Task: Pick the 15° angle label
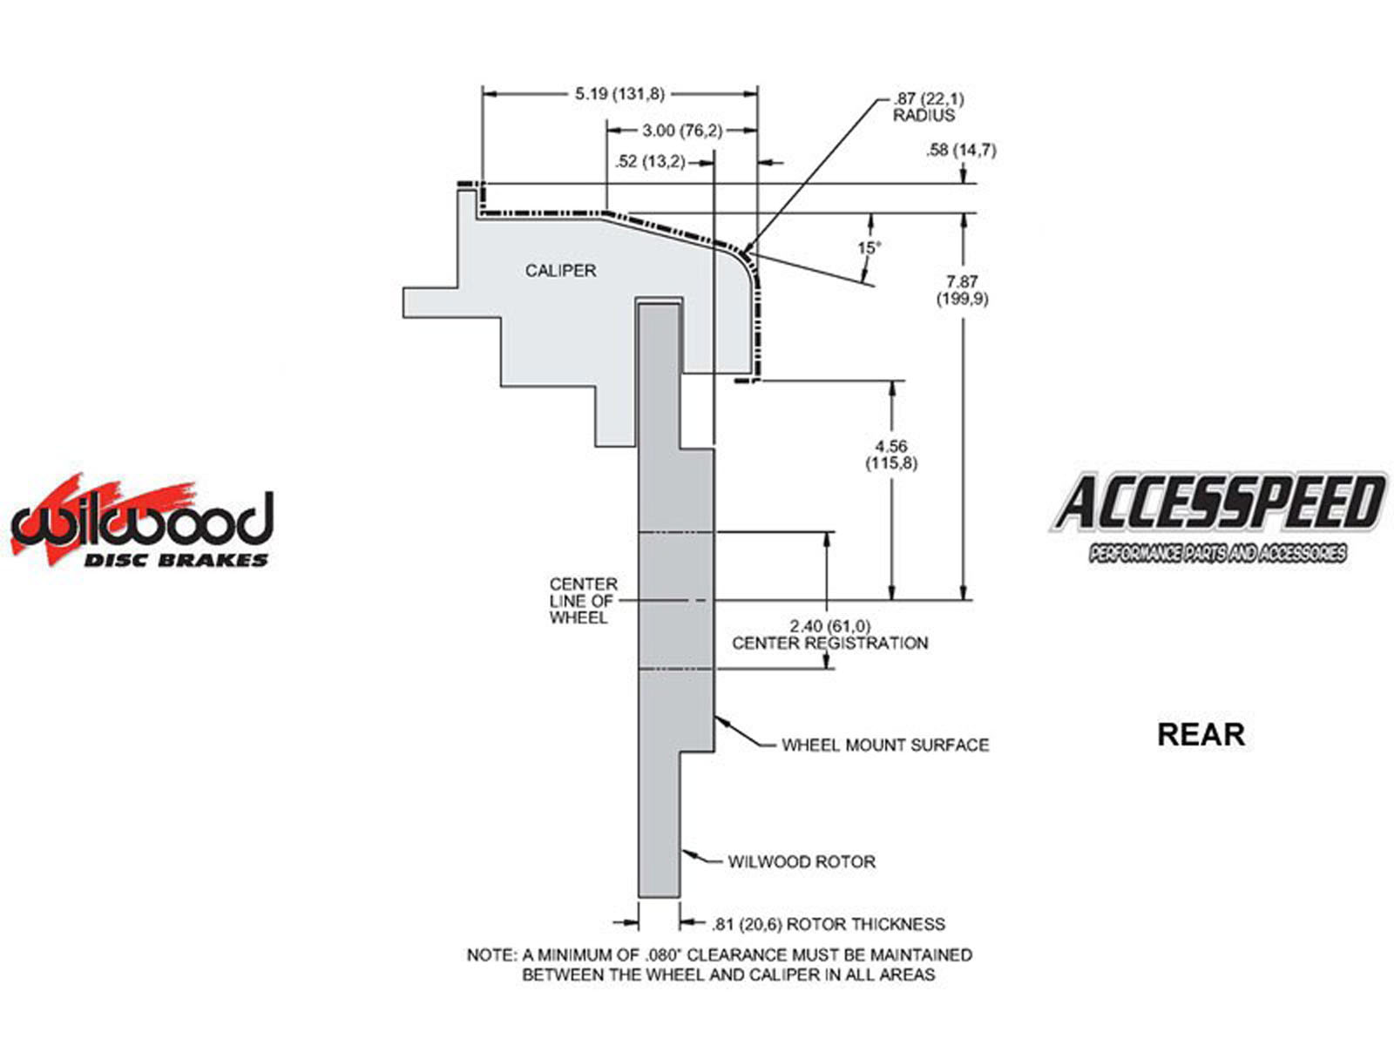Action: click(x=869, y=248)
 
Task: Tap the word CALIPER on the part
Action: click(x=560, y=271)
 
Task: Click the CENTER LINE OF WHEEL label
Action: click(x=583, y=601)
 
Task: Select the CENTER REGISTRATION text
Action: click(x=829, y=644)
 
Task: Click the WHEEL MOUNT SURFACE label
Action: click(x=885, y=745)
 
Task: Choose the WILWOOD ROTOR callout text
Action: click(x=802, y=862)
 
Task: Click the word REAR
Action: click(x=1201, y=735)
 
